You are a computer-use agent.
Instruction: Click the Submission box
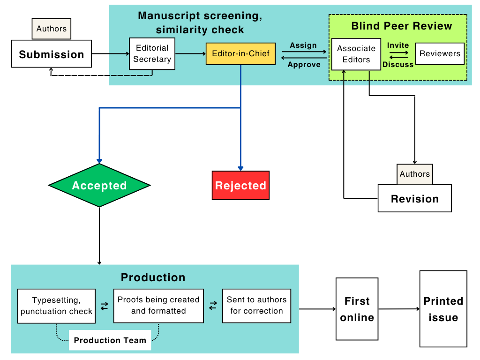coord(52,54)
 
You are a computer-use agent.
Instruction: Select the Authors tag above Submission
coord(52,29)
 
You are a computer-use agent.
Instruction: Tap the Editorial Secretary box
coord(152,54)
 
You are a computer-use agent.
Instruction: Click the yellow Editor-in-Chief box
coord(240,53)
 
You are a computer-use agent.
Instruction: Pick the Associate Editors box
coord(356,54)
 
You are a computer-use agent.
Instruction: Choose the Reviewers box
coord(440,53)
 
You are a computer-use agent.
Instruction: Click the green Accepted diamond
coord(99,185)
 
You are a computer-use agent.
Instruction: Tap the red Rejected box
coord(240,186)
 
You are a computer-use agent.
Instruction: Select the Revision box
coord(415,198)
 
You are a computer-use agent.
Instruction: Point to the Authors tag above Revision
coord(415,174)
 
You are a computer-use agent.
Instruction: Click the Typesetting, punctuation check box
coord(56,306)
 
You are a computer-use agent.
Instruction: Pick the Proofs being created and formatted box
coord(158,306)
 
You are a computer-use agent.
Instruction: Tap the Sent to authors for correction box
coord(256,306)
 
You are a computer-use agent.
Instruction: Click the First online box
coord(357,309)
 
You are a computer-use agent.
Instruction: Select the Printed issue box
coord(443,308)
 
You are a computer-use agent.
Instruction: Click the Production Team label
coord(110,340)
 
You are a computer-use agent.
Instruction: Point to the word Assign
coord(303,45)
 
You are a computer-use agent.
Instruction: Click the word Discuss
coord(398,65)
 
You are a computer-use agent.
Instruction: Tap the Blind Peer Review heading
coord(402,26)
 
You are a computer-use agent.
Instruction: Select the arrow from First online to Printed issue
coord(399,309)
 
